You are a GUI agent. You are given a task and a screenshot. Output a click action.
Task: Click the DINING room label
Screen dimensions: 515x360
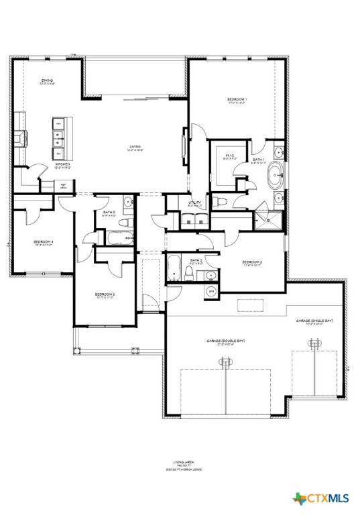46,80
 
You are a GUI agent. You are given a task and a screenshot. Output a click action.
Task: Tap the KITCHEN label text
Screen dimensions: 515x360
62,164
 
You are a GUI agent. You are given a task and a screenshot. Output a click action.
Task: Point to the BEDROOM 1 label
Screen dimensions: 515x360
237,100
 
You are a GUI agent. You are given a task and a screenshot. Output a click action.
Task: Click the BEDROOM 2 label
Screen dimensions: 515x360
251,262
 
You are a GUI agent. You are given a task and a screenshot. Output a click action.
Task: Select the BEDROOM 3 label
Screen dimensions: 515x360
105,294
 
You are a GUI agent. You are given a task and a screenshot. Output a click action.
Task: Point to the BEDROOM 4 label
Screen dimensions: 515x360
44,242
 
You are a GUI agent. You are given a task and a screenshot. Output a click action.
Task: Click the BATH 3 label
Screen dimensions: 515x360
109,213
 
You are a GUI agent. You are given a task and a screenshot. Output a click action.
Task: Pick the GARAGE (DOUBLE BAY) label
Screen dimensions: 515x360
225,341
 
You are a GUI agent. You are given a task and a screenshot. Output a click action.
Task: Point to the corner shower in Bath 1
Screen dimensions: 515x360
273,219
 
